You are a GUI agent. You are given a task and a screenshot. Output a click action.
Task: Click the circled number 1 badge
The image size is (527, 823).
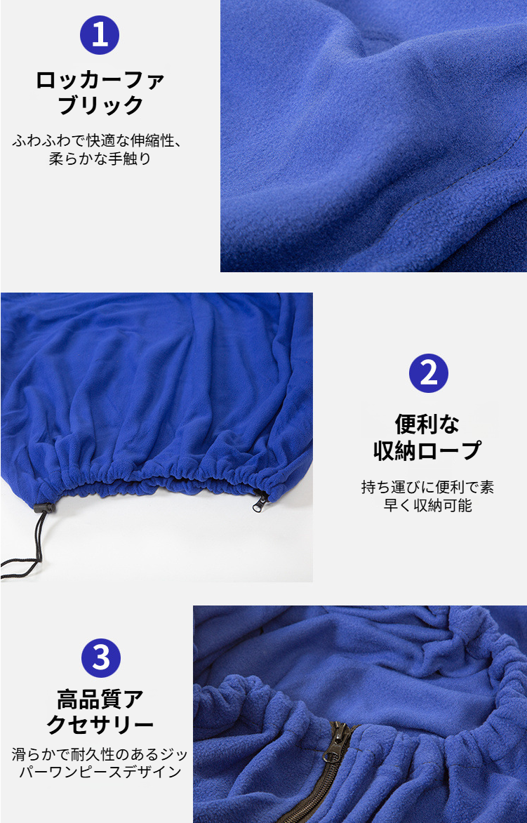click(100, 35)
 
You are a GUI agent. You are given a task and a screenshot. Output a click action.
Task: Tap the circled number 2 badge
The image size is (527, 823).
click(428, 373)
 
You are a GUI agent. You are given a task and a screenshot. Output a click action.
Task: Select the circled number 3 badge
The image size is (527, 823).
click(100, 658)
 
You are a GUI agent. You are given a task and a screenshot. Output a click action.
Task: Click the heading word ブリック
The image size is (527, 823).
click(100, 106)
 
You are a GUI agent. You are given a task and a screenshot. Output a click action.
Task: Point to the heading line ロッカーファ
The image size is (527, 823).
click(100, 79)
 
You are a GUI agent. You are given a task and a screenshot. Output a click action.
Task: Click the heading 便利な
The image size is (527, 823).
click(427, 424)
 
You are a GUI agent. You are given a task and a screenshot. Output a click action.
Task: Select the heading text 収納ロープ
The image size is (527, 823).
click(427, 450)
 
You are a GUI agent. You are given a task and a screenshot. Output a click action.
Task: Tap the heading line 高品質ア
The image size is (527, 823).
click(100, 699)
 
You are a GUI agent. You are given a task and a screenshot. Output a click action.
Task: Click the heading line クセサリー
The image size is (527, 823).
click(100, 725)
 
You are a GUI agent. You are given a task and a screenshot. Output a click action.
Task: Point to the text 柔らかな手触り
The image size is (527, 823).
click(100, 159)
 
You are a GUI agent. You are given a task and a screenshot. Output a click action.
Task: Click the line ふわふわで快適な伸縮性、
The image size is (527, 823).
click(98, 140)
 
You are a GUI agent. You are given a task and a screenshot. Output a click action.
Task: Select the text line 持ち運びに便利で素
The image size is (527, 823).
click(427, 486)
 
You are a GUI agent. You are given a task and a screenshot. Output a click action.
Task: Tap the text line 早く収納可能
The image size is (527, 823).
click(427, 505)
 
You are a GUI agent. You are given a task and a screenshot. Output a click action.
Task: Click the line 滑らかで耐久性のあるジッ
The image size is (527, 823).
click(100, 755)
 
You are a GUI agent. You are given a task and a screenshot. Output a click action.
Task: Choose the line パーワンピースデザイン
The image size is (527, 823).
click(100, 772)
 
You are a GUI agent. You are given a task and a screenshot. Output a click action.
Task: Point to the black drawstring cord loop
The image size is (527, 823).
click(21, 561)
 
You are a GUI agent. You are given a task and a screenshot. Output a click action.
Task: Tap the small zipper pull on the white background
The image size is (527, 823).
click(260, 501)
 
